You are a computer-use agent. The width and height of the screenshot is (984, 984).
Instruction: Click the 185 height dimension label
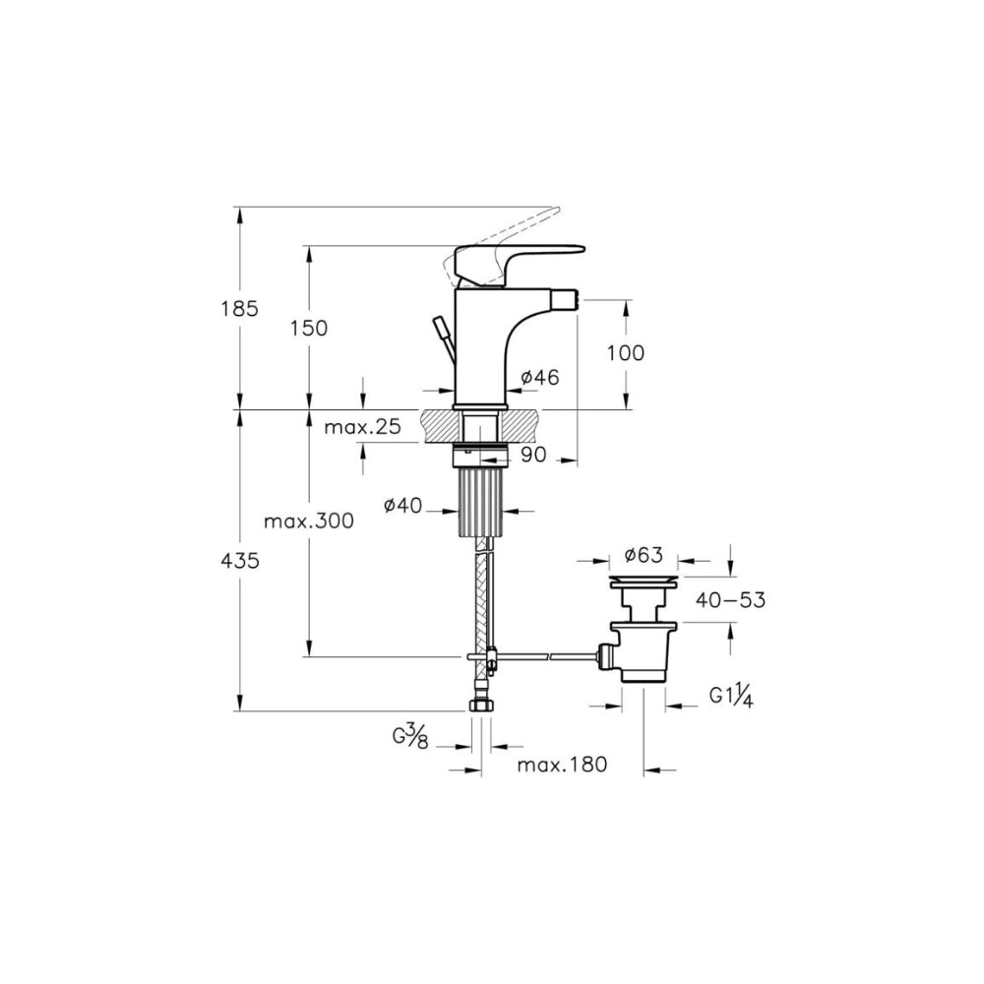(x=240, y=309)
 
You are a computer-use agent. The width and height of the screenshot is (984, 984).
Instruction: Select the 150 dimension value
(x=309, y=329)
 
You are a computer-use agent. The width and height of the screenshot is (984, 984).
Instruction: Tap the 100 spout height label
(x=626, y=353)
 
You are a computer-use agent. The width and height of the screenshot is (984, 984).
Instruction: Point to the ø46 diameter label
(x=539, y=377)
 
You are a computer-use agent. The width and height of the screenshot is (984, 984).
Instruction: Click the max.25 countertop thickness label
(x=362, y=427)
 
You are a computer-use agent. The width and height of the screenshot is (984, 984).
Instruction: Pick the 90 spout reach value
(x=534, y=455)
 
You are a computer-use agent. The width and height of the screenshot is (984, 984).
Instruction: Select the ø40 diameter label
(x=403, y=505)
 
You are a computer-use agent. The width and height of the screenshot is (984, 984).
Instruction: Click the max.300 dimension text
(x=309, y=521)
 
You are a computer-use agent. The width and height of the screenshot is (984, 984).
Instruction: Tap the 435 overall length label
(x=240, y=561)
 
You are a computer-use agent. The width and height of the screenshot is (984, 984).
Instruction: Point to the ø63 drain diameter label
(x=644, y=555)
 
